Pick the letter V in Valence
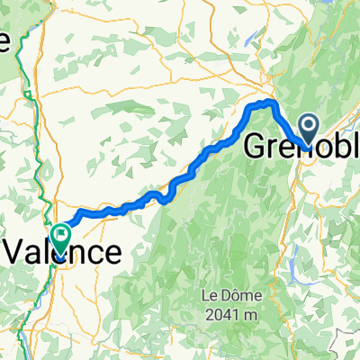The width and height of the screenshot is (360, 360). click(13, 252)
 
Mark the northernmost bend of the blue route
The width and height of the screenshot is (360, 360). click(264, 103)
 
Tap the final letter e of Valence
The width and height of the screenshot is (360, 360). click(109, 252)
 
